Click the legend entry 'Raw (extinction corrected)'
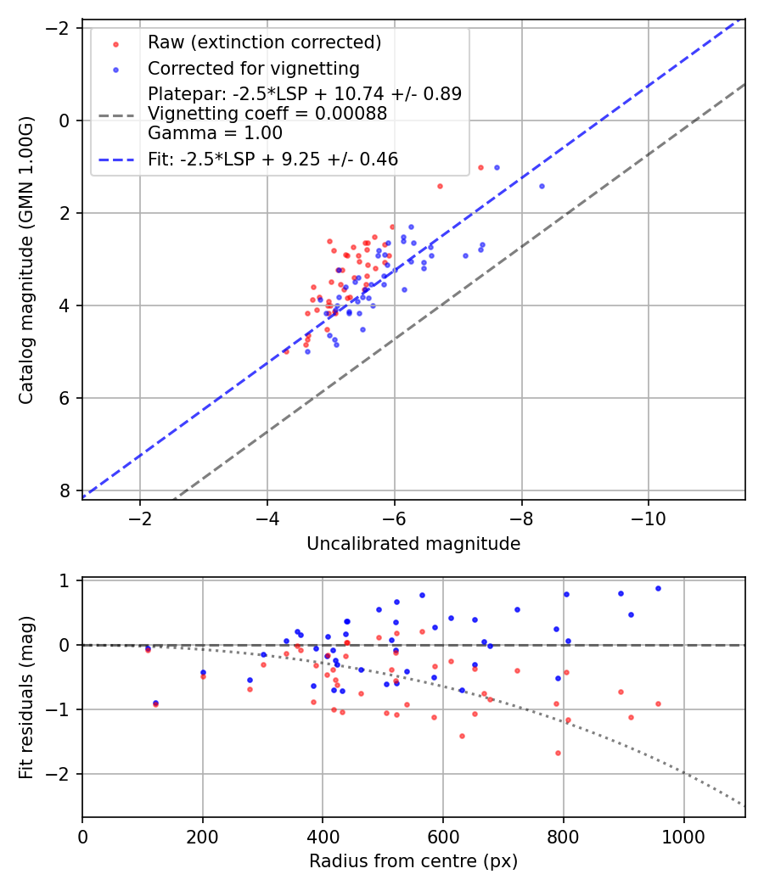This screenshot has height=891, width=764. [264, 42]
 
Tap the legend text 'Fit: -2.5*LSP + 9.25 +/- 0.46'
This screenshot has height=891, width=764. [272, 159]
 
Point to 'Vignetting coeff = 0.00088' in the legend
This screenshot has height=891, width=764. [267, 114]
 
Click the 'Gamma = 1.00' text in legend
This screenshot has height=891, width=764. [215, 133]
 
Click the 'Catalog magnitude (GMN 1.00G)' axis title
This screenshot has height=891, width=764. [27, 259]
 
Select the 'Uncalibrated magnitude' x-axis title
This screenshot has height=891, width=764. [413, 544]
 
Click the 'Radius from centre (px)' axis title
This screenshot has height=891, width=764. [413, 861]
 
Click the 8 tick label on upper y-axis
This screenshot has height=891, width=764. [65, 490]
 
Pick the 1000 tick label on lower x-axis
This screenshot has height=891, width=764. [684, 836]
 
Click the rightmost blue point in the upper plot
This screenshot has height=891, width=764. [542, 186]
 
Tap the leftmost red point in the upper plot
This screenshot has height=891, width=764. [286, 350]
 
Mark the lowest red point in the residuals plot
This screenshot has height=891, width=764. [558, 753]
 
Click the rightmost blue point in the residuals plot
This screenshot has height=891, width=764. [658, 588]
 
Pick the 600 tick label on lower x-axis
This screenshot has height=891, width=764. [443, 836]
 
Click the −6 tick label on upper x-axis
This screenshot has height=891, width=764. [394, 518]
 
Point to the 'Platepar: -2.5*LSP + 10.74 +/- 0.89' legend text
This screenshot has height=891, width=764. [305, 94]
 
